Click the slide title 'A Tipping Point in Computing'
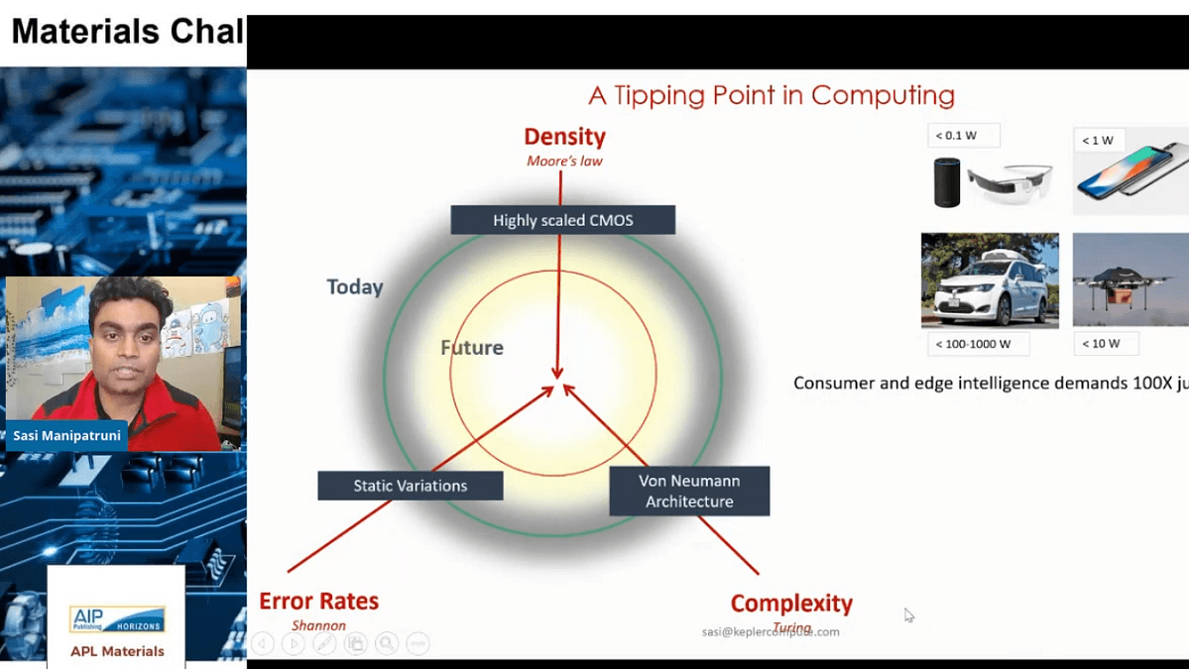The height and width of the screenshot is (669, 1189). point(771,96)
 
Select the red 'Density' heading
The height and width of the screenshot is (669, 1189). point(564,137)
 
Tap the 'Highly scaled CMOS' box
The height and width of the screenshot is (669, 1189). point(562,220)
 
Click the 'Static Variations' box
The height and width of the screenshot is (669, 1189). point(410,486)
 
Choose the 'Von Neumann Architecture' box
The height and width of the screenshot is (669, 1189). point(689,491)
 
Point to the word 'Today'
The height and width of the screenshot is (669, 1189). point(355,287)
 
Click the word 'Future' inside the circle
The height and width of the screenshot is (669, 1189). point(472,348)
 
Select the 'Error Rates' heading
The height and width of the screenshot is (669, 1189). point(318,601)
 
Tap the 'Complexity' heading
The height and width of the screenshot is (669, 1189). point(791,603)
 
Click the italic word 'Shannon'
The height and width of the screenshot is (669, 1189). point(318,625)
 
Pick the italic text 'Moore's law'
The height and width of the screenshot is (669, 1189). point(564,161)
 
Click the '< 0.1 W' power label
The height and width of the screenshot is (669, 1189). point(963,136)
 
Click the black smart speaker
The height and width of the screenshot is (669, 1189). point(947,182)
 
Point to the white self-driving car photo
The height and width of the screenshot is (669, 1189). point(989,280)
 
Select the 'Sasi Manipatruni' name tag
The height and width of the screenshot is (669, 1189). point(67,435)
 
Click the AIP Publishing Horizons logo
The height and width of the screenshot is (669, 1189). point(117,620)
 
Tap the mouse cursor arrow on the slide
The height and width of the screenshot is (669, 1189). point(908,614)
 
